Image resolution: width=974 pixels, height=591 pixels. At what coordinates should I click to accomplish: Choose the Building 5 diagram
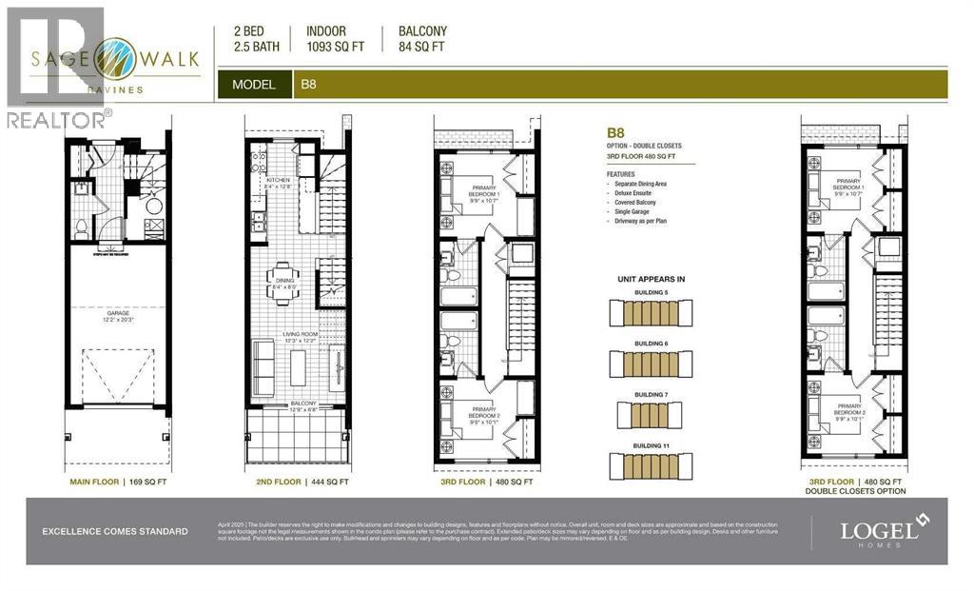click(651, 313)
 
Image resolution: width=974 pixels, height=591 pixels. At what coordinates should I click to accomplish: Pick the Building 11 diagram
click(651, 464)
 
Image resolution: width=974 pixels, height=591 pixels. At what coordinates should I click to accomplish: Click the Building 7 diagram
click(651, 415)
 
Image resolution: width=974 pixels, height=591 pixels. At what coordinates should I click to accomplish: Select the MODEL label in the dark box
click(254, 85)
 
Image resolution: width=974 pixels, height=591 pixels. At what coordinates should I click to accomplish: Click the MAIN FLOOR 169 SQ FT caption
click(120, 483)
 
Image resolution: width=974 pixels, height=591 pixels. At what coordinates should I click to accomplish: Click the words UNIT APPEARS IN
click(651, 280)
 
